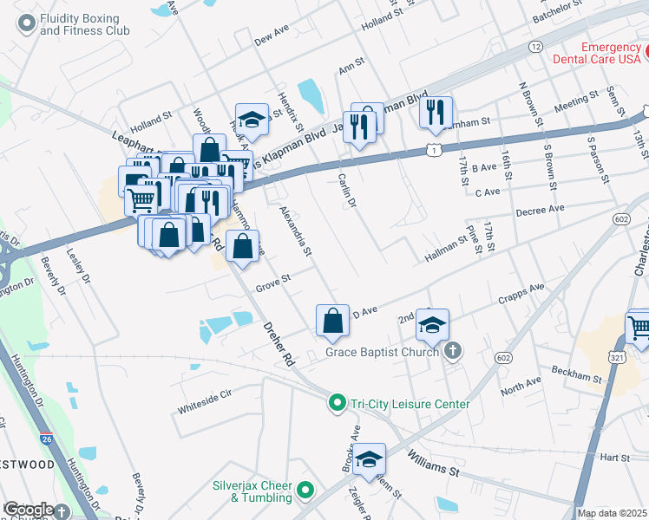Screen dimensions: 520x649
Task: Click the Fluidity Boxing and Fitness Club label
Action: pyautogui.click(x=84, y=23)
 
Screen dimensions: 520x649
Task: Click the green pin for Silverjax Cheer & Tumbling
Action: pyautogui.click(x=305, y=491)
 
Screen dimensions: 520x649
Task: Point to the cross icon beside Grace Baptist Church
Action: pyautogui.click(x=451, y=351)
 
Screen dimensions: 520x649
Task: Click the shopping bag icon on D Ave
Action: pyautogui.click(x=333, y=321)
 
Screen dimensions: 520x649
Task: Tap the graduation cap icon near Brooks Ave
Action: pyautogui.click(x=370, y=460)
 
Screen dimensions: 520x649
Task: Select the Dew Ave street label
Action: pyautogui.click(x=271, y=38)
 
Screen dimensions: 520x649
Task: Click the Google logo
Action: pyautogui.click(x=29, y=510)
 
